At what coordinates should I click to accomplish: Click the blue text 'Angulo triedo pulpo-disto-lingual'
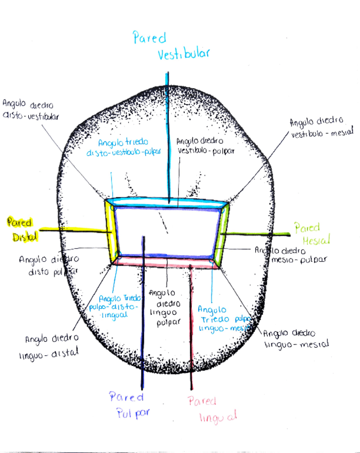point(119,307)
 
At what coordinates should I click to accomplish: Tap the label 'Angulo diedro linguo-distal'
point(52,345)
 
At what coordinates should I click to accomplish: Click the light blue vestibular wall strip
point(168,202)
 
